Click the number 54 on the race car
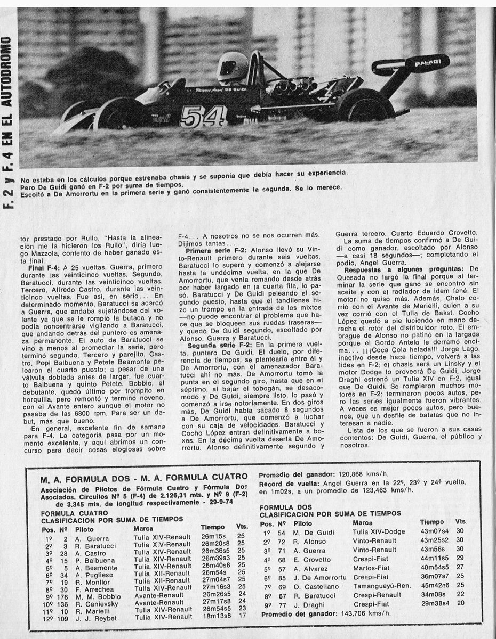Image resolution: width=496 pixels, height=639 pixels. tap(196, 117)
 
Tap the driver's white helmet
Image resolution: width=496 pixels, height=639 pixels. tap(233, 67)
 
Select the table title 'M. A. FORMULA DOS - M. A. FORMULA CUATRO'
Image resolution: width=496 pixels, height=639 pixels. tap(143, 476)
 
